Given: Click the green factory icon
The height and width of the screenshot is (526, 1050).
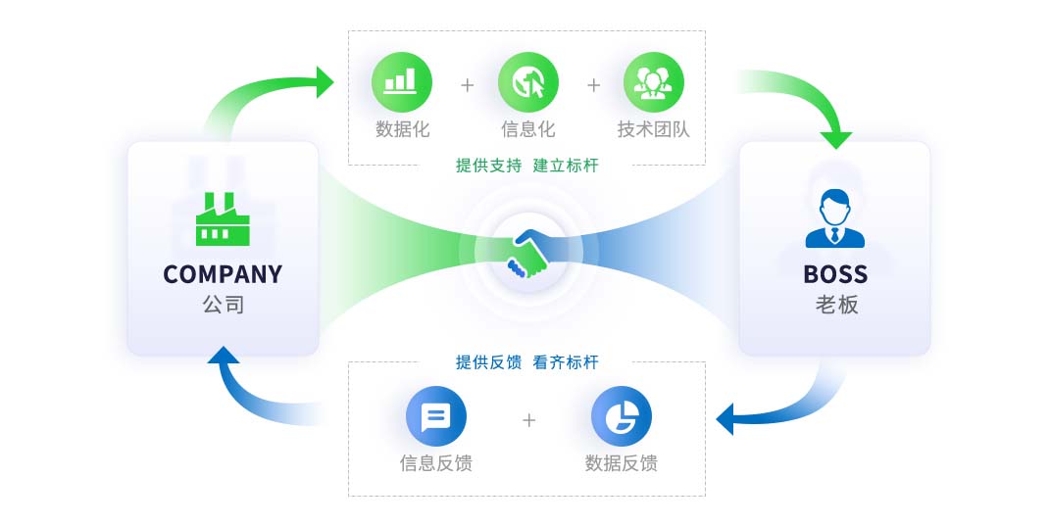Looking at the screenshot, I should (x=223, y=218).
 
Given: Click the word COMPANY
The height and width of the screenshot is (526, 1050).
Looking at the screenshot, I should (x=223, y=274).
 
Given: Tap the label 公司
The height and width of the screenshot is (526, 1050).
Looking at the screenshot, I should (x=223, y=305).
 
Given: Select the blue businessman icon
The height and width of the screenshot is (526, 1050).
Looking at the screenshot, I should (x=834, y=218).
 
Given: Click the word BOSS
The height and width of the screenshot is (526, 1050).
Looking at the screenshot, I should (x=835, y=274).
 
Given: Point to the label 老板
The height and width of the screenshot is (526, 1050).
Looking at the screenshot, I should (x=835, y=305).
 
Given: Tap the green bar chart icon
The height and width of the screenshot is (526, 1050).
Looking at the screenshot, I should (x=401, y=81).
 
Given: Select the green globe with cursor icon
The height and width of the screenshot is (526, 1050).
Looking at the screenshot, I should (x=528, y=81).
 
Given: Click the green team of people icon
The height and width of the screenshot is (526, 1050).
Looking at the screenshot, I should (x=654, y=81).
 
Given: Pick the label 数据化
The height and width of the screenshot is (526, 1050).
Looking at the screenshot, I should (x=402, y=128).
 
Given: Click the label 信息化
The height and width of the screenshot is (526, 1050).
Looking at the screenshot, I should (x=528, y=128).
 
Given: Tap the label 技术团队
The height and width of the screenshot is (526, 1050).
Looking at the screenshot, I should (x=654, y=128).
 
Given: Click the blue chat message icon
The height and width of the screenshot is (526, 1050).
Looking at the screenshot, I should (x=435, y=417).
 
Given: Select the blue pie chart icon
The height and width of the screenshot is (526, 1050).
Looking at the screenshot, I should (x=621, y=417).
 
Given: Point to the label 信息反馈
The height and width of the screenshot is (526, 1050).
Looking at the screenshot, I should (x=435, y=462).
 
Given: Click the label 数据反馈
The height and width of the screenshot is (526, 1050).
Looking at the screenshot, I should (x=621, y=462).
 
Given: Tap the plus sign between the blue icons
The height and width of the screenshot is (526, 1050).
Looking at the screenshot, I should (x=529, y=420).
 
